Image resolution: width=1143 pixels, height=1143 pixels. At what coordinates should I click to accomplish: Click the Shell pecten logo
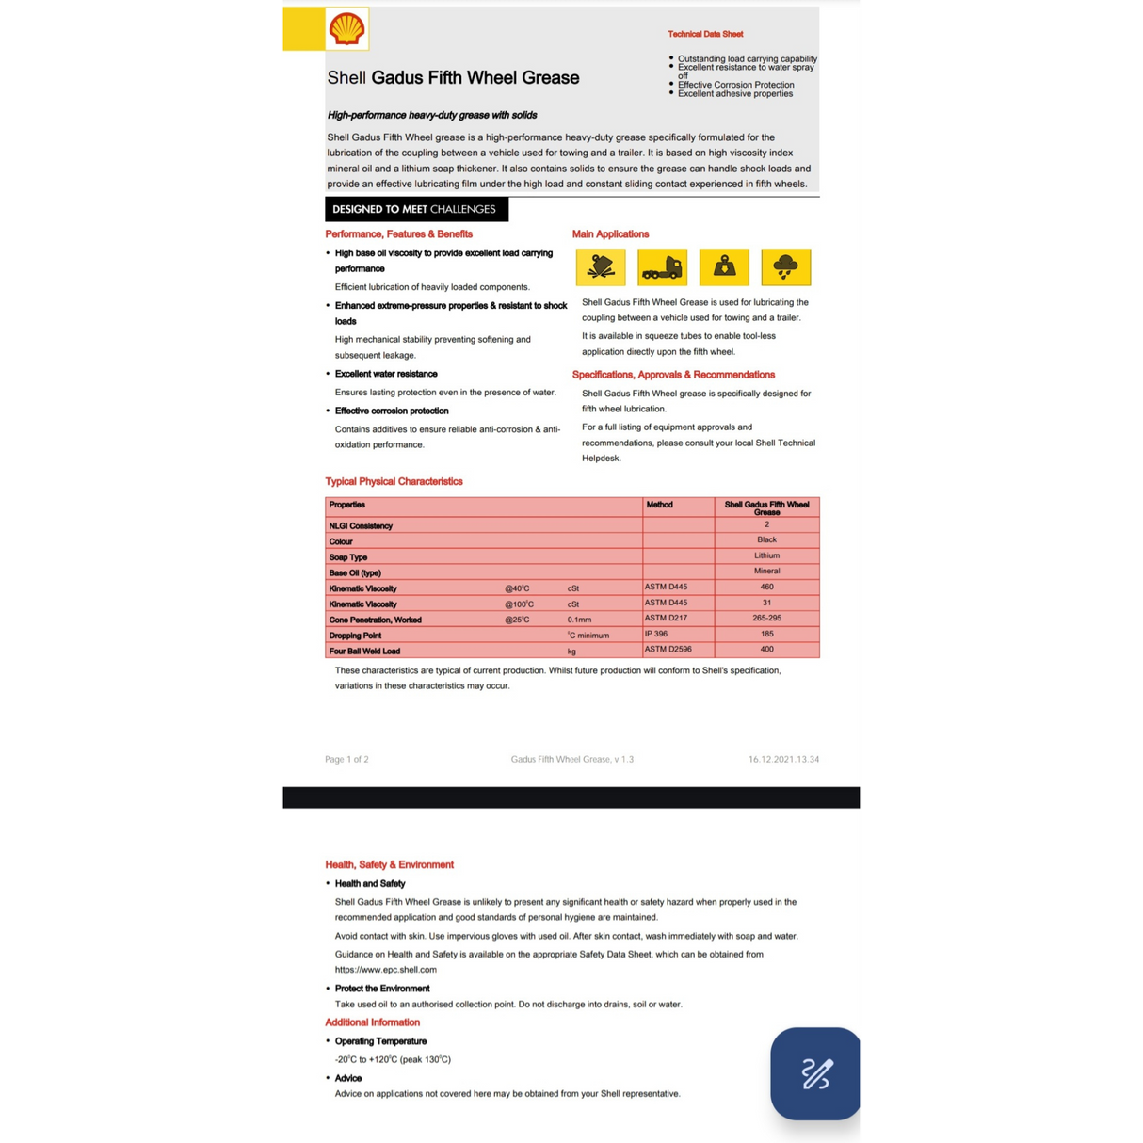346,29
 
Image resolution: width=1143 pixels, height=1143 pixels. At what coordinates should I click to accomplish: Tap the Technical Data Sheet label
705,34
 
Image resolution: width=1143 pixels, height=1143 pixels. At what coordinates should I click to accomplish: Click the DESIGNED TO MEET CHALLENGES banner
415,209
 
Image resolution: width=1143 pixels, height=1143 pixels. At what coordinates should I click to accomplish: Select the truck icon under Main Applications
662,267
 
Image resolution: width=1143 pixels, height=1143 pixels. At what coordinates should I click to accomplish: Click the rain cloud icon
785,267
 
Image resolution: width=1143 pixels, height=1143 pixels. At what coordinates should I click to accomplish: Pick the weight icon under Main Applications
724,267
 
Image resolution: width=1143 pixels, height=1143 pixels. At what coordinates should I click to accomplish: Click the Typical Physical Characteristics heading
394,481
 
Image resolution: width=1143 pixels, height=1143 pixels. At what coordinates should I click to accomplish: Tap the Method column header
659,505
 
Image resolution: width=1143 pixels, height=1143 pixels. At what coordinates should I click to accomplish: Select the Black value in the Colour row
766,540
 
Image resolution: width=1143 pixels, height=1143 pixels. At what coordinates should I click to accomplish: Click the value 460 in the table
766,587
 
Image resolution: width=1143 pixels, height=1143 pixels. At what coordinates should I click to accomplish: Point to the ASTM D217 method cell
666,619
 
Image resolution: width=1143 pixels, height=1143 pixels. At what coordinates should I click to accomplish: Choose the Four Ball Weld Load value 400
766,650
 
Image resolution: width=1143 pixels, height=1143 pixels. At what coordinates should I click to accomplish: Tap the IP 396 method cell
656,634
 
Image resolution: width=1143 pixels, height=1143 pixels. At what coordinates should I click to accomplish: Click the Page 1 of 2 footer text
346,759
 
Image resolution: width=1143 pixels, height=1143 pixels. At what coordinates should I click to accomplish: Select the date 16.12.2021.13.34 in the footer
783,759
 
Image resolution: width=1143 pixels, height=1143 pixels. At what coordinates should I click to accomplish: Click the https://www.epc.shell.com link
386,970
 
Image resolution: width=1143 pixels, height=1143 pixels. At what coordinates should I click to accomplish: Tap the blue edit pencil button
815,1073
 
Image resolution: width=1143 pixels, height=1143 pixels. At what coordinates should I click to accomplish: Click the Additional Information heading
373,1022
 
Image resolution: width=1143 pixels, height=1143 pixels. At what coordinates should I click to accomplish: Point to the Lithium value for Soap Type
766,555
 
